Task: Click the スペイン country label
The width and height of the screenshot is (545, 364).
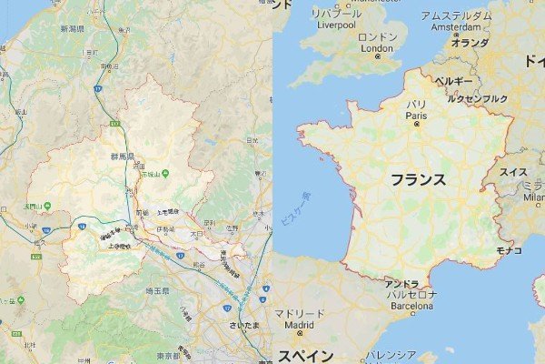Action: click(304, 354)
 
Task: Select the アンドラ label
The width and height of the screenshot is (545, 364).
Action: click(401, 284)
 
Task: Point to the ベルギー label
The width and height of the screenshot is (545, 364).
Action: click(453, 81)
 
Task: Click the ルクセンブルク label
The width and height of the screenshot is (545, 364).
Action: click(478, 98)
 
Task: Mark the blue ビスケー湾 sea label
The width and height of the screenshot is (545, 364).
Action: click(294, 211)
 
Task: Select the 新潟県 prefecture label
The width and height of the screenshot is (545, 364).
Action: click(72, 29)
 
